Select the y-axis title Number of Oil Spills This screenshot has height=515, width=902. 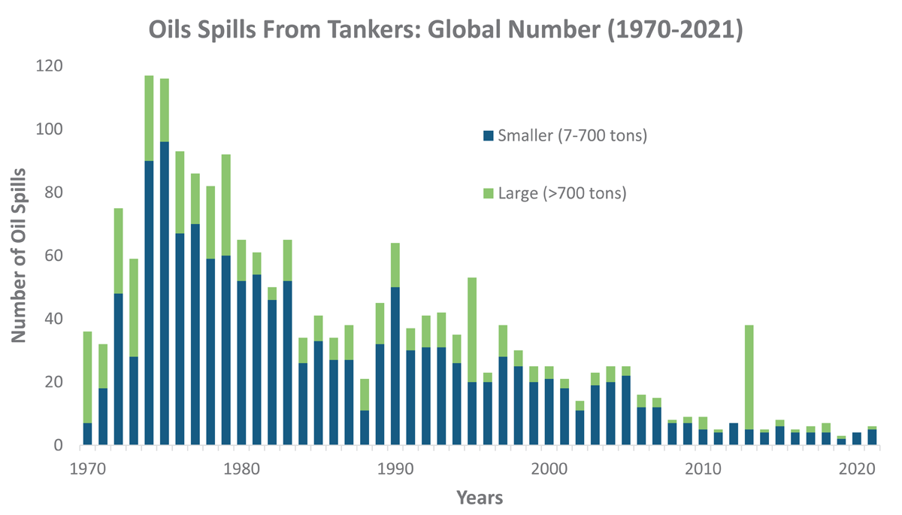[20, 256]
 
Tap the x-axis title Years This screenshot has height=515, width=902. [480, 498]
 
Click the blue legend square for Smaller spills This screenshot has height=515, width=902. [488, 136]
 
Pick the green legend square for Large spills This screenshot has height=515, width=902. [488, 193]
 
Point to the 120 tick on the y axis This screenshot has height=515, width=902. [50, 66]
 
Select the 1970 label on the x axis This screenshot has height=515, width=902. [87, 466]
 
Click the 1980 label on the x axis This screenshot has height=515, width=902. [241, 466]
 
